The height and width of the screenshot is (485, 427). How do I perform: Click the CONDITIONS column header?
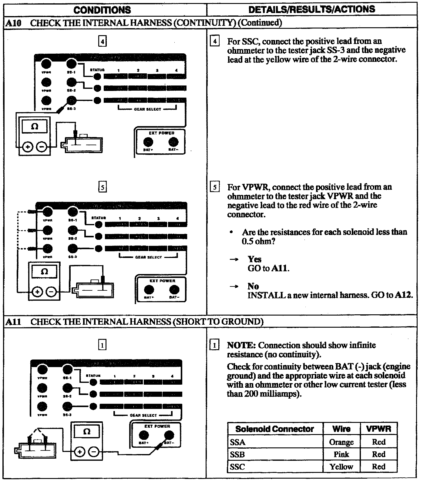(x=102, y=10)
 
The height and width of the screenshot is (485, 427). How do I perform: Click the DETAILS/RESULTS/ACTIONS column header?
(x=311, y=9)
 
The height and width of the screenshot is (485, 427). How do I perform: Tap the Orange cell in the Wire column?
(x=341, y=442)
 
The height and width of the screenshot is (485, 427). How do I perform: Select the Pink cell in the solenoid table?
(x=341, y=454)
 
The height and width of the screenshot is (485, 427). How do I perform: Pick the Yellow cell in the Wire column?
(x=341, y=467)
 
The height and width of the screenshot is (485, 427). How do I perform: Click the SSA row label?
(x=237, y=442)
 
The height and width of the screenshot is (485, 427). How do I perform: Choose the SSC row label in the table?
(x=237, y=467)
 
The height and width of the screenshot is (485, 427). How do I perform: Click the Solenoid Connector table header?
(x=274, y=429)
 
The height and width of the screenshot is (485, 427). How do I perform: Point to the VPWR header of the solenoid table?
(x=378, y=429)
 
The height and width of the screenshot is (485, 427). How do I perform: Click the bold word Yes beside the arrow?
(x=254, y=259)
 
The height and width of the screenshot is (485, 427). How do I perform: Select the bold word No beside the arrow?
(x=253, y=286)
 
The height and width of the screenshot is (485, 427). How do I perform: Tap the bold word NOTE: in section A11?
(x=241, y=345)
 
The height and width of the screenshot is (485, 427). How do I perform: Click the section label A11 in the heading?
(x=13, y=322)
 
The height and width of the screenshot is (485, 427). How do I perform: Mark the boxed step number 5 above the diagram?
(x=103, y=187)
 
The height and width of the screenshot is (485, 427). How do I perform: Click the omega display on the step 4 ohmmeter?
(x=35, y=126)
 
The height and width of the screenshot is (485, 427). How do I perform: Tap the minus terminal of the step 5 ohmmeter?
(x=52, y=292)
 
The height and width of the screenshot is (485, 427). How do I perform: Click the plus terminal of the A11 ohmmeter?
(x=79, y=452)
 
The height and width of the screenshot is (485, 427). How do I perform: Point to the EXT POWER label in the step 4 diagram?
(x=161, y=133)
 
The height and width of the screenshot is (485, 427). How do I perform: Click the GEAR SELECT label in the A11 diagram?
(x=143, y=415)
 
